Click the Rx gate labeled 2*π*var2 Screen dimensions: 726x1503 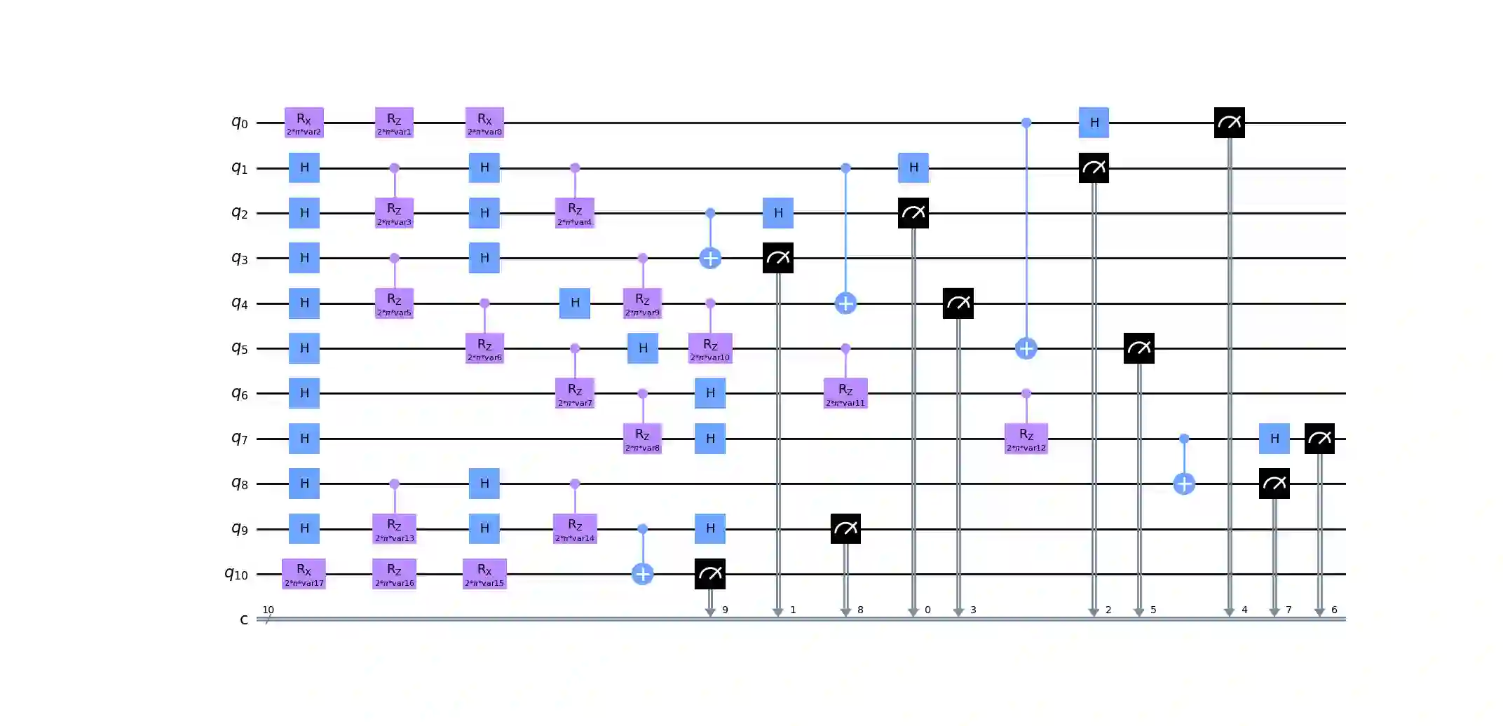[304, 123]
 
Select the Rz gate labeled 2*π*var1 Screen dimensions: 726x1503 [394, 123]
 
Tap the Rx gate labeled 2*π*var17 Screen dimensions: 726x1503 [304, 574]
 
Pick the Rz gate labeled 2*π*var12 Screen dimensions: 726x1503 [1026, 439]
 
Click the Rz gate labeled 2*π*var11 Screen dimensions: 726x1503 [845, 393]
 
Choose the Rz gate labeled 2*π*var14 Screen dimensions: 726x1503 [575, 529]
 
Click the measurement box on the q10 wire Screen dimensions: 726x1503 [710, 574]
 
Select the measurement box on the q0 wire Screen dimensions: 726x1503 [1229, 123]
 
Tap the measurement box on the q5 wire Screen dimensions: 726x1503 [1138, 348]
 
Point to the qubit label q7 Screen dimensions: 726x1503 [240, 439]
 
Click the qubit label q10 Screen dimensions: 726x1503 [236, 575]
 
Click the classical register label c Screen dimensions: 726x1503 [243, 619]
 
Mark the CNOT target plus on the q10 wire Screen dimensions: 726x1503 [643, 574]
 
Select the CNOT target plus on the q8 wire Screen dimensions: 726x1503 [1184, 484]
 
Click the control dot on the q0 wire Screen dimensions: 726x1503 [1026, 123]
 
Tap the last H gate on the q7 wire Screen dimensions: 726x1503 [1274, 439]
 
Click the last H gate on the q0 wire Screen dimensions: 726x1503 [1094, 123]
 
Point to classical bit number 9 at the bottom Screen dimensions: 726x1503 [725, 610]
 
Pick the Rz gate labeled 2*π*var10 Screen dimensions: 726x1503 [710, 348]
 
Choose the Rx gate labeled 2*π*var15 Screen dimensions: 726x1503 [484, 574]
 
